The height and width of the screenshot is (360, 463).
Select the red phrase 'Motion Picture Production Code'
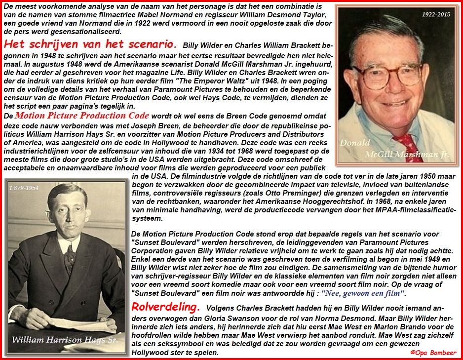click(81, 116)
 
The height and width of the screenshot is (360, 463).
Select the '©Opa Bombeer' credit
click(433, 353)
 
